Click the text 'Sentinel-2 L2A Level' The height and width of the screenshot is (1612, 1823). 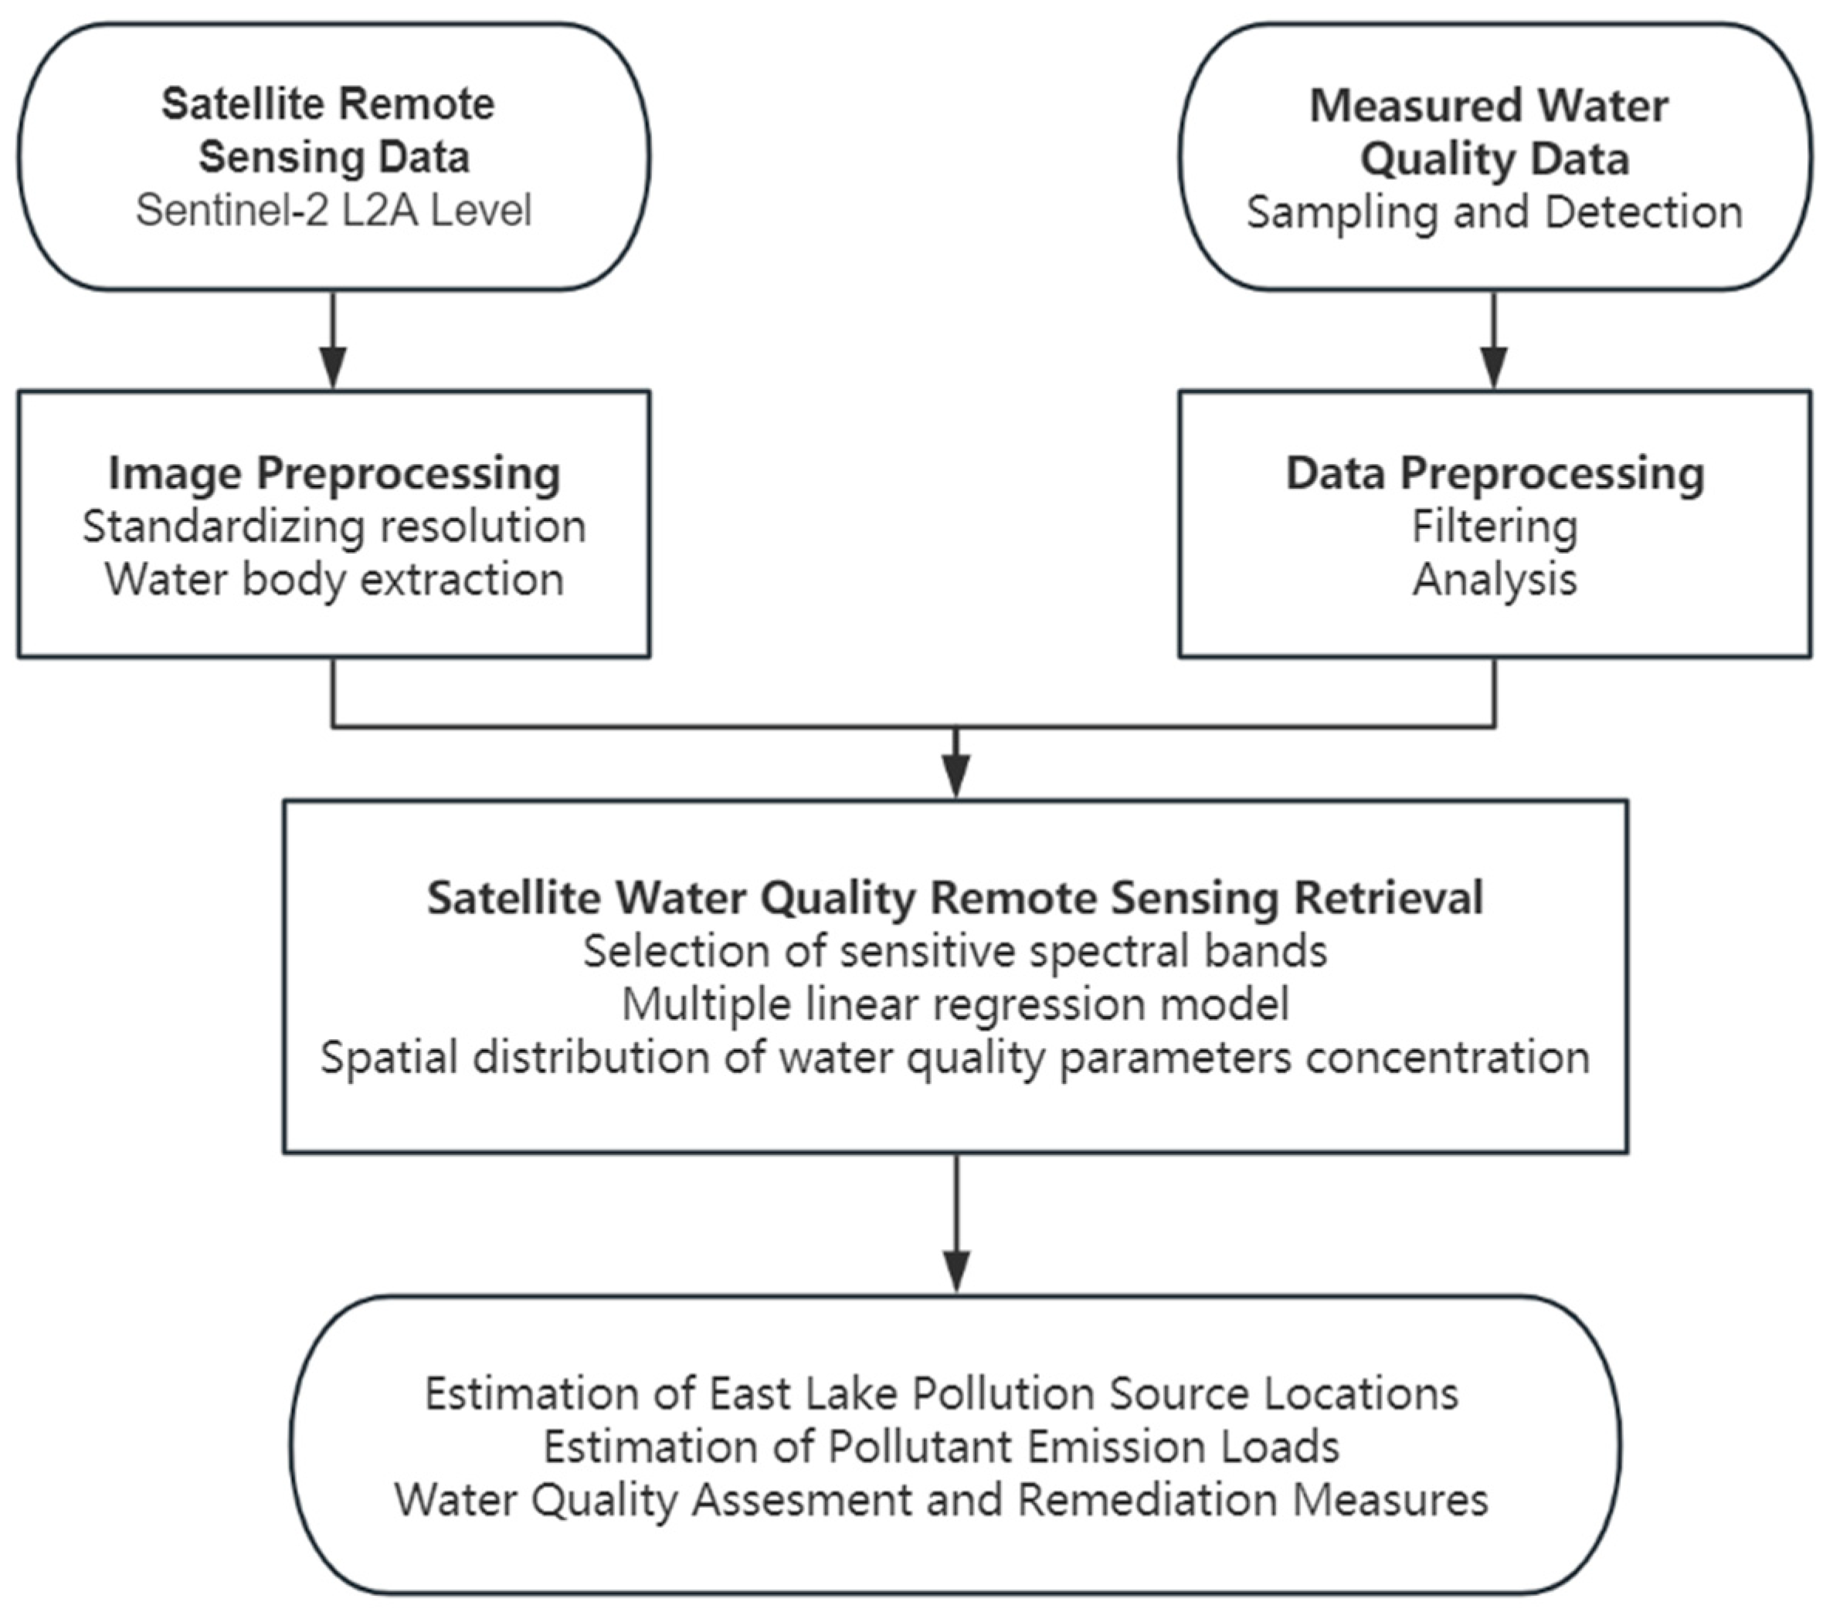[334, 212]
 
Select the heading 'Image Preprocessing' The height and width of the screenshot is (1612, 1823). [334, 472]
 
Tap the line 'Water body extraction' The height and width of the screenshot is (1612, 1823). [334, 580]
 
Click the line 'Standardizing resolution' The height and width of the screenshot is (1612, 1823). [334, 526]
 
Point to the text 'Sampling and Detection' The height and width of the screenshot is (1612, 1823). [1494, 212]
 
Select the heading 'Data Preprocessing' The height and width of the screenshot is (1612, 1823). [1494, 472]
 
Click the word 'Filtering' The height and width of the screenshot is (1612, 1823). [1494, 526]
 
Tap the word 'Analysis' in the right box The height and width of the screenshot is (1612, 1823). [1494, 580]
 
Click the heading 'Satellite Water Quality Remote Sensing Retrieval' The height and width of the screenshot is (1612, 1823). [954, 897]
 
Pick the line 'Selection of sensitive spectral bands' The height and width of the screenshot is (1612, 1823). [954, 950]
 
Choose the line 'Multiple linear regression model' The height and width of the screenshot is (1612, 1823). [954, 1004]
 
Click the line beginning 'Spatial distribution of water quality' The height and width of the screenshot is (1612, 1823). [954, 1058]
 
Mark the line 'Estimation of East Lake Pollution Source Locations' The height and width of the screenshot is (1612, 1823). [941, 1394]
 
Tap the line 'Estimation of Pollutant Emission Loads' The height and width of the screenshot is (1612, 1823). [941, 1446]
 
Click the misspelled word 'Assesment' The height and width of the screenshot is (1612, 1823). [802, 1499]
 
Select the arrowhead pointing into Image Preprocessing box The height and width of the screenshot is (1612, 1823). [333, 367]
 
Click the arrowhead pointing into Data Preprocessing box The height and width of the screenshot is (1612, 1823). [1494, 367]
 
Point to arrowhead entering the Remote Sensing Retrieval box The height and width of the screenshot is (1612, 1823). [956, 777]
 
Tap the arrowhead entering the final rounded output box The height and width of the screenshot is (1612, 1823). [956, 1272]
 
